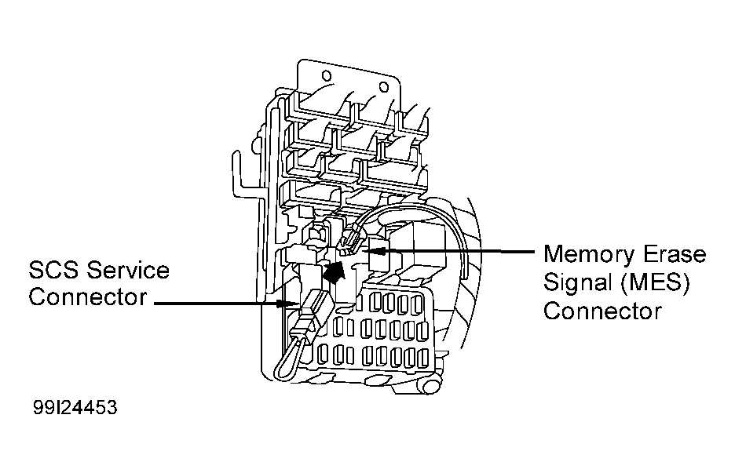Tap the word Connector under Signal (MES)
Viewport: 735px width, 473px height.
602,311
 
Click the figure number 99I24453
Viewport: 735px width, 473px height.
77,409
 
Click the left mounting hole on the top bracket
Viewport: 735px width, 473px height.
327,77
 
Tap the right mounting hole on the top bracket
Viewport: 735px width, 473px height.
383,86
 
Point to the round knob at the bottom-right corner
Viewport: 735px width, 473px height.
429,385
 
